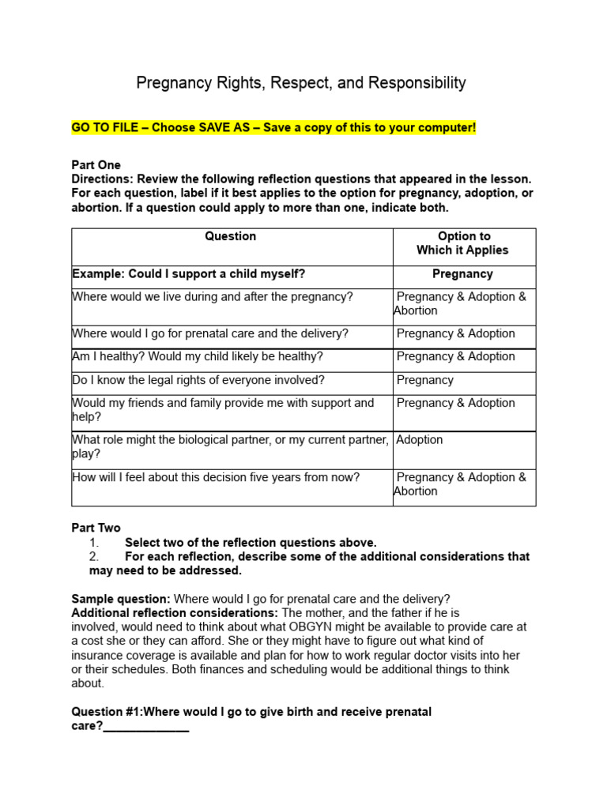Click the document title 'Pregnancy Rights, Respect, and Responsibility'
pos(301,83)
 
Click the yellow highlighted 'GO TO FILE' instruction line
pos(273,127)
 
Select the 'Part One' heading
pos(96,165)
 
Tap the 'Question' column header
pos(231,236)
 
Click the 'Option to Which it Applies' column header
pos(463,243)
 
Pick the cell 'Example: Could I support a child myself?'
pos(189,274)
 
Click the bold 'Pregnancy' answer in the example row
pos(462,274)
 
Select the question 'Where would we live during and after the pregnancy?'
pos(213,297)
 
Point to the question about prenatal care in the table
pos(209,333)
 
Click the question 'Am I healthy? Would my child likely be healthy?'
pos(198,356)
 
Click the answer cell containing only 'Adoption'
pos(420,439)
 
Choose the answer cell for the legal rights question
pos(425,380)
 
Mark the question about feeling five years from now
pos(216,477)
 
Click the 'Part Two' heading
pos(96,528)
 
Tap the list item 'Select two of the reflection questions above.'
pos(251,543)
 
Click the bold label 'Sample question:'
pos(121,599)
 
